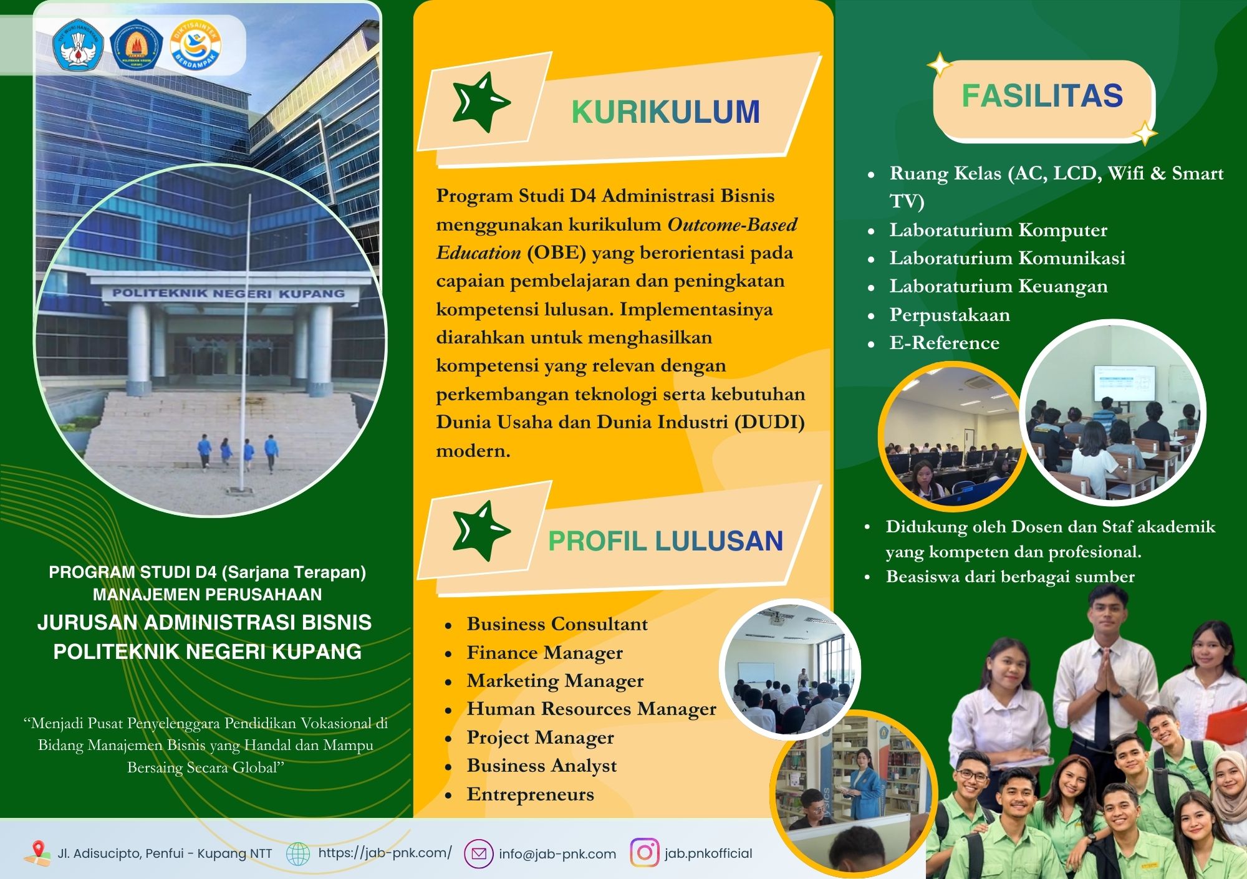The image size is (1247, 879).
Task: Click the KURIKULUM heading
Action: (x=665, y=112)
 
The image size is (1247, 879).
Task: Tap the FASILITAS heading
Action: (x=1042, y=96)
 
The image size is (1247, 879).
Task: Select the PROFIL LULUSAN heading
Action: (x=665, y=541)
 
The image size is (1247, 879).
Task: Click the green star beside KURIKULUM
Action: (x=481, y=102)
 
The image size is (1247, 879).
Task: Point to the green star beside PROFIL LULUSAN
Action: (x=481, y=531)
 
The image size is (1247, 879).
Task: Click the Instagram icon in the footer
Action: (x=645, y=853)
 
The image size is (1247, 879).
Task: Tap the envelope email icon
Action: (x=479, y=853)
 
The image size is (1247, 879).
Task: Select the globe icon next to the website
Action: (x=297, y=853)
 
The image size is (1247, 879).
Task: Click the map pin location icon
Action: (x=38, y=852)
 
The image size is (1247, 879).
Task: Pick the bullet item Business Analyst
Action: (x=541, y=766)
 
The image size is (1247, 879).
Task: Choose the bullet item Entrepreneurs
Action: (x=530, y=794)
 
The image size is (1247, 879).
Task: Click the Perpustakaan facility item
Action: (x=950, y=315)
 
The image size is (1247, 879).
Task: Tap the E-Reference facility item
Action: (x=944, y=343)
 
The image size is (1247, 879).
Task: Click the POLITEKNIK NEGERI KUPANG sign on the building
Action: (x=228, y=293)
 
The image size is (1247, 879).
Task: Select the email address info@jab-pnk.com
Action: (x=557, y=854)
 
